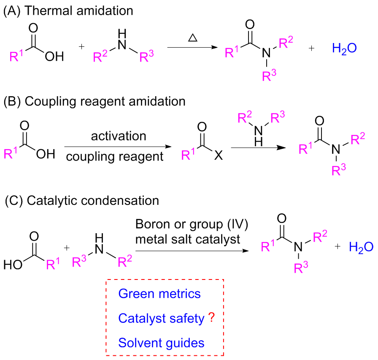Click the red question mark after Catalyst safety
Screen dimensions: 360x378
pos(212,319)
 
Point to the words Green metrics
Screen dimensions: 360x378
pos(159,293)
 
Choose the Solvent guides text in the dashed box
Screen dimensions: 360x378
pos(162,343)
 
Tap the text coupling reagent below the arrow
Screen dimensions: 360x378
pos(115,157)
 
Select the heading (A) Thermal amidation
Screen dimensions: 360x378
pos(68,11)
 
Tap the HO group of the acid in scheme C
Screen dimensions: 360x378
pos(14,265)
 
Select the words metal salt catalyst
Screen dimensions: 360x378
pos(188,239)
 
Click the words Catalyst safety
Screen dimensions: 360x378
pos(162,318)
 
